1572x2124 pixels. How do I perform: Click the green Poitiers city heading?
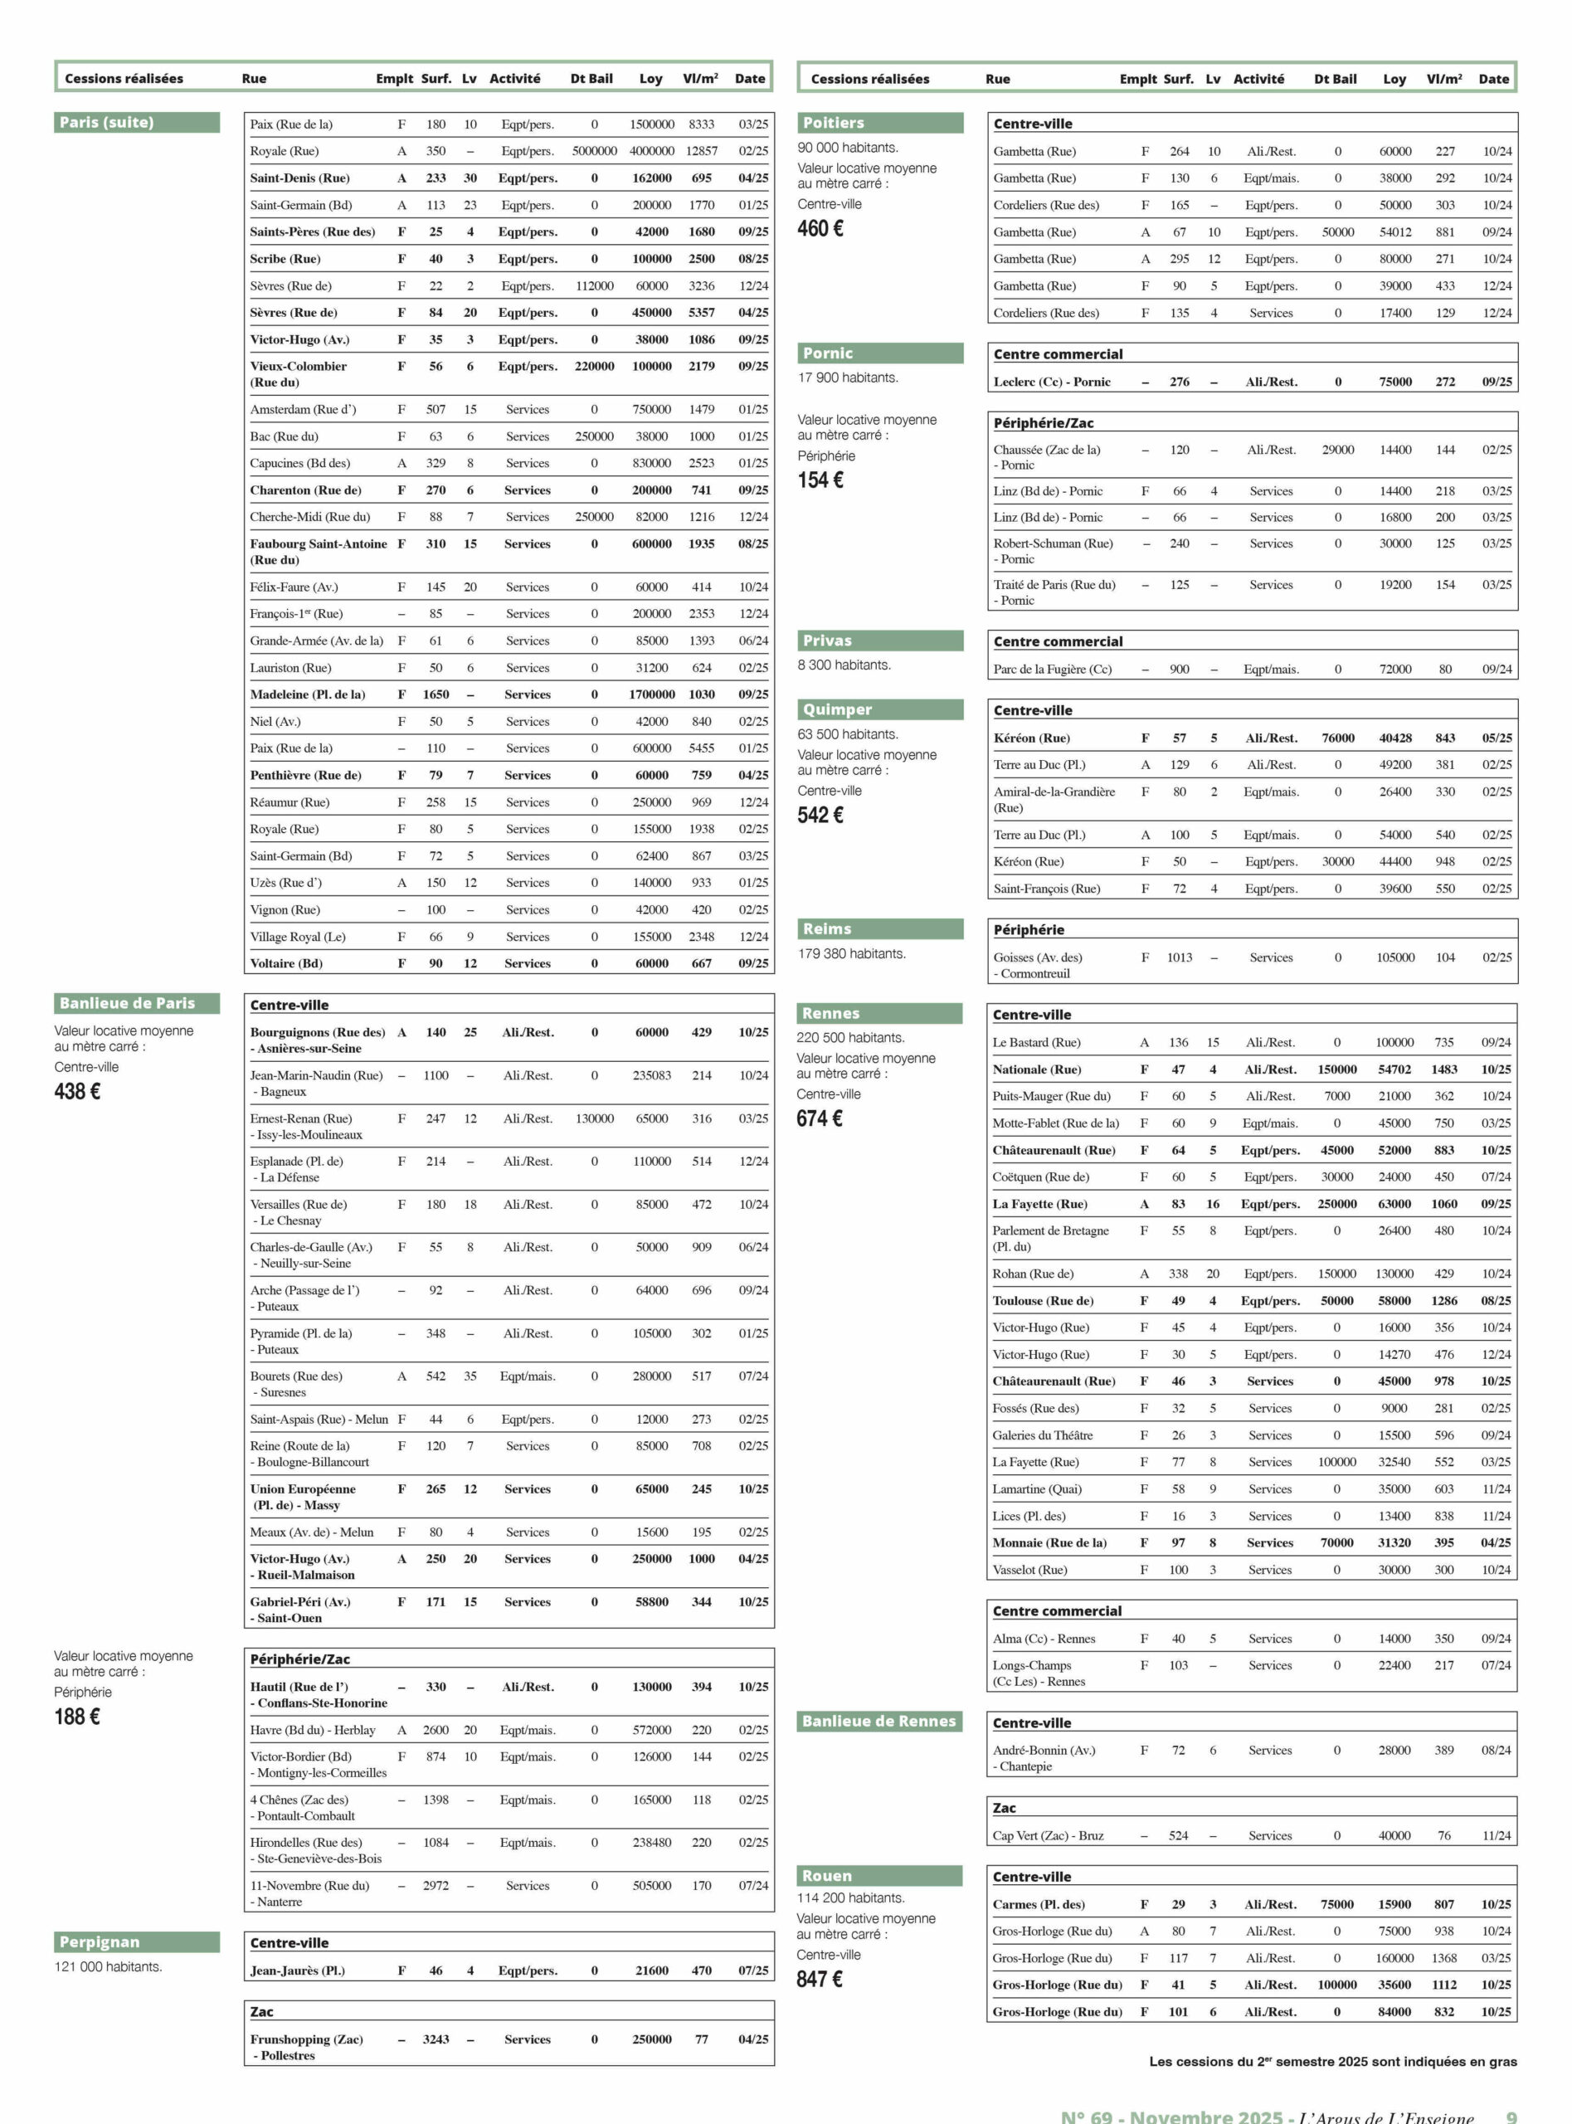(x=834, y=123)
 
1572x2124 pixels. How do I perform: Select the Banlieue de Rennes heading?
(x=878, y=1721)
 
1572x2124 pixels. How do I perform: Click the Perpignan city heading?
(x=99, y=1942)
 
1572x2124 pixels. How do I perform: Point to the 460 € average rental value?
(x=820, y=228)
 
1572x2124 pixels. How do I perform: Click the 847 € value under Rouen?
(x=820, y=1980)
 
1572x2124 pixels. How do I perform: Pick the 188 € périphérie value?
(x=77, y=1716)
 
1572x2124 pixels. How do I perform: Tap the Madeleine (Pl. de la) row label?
(x=308, y=694)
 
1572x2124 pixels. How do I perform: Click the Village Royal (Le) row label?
(x=298, y=937)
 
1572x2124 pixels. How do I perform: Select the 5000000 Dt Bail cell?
(x=595, y=151)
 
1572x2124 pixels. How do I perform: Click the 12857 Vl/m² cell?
(x=701, y=151)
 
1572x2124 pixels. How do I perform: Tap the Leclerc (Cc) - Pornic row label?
(x=1053, y=382)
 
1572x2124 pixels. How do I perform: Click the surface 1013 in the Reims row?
(x=1179, y=957)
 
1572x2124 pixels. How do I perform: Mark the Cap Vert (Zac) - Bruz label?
(x=1048, y=1835)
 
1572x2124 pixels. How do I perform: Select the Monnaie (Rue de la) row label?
(x=1049, y=1542)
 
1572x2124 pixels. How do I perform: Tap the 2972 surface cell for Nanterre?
(x=436, y=1885)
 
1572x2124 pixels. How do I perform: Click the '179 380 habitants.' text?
(x=852, y=953)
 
